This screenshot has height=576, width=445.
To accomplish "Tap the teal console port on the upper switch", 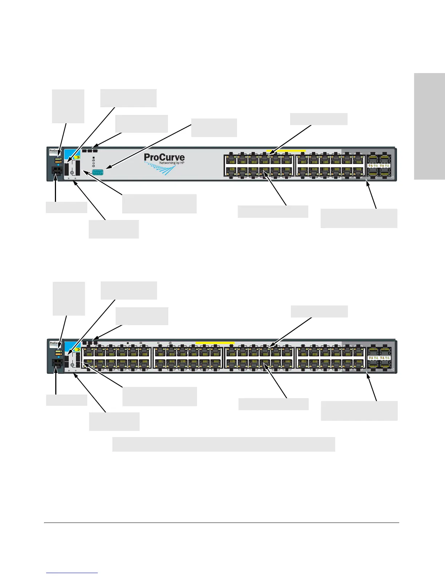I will (x=99, y=172).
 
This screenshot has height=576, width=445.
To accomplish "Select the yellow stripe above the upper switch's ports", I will (x=286, y=150).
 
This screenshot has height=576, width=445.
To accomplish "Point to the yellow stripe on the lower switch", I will (x=215, y=343).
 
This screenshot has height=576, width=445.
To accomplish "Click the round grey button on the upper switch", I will (x=72, y=172).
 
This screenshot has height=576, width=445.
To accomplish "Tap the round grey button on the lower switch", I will (x=72, y=365).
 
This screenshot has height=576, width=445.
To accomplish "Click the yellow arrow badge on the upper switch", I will (x=77, y=158).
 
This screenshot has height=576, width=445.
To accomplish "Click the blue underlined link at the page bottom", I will (x=72, y=573).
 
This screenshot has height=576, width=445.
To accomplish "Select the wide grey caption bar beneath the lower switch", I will (x=223, y=444).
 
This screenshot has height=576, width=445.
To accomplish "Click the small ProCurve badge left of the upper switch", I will (x=54, y=151).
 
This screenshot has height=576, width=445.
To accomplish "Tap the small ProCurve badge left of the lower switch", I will (x=54, y=344).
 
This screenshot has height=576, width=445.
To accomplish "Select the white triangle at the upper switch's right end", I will (x=392, y=177).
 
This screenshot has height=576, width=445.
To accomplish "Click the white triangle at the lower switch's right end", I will (x=392, y=369).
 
